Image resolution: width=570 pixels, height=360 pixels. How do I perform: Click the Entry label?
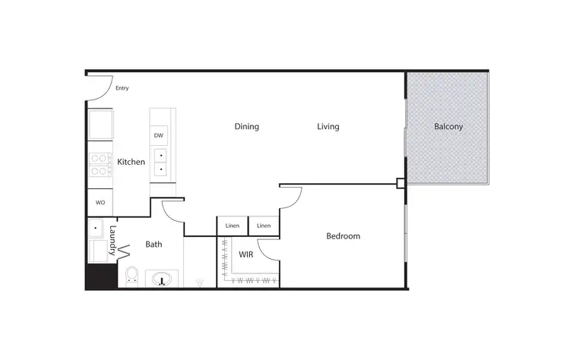point(122,88)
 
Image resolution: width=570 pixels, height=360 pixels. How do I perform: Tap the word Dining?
point(246,127)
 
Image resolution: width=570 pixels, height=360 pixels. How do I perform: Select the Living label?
point(328,127)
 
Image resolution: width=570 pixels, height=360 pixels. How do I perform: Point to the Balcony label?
point(448,127)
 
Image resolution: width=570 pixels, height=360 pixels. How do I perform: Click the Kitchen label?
point(131,162)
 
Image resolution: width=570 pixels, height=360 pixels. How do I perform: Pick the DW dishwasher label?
point(158,136)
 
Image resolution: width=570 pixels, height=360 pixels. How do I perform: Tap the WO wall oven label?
point(100,203)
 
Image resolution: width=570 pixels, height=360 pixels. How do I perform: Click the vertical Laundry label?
point(112,239)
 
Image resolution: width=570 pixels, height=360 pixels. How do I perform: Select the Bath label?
point(154,245)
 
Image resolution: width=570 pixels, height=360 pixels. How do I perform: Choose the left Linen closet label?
point(233,226)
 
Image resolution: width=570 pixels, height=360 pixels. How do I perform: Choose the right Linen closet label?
point(264,226)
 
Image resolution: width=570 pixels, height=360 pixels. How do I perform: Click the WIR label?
point(245,254)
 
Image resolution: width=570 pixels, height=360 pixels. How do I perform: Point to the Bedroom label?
point(343,236)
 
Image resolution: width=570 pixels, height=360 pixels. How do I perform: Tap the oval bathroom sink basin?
point(163,280)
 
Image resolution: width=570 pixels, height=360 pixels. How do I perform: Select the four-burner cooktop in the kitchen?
point(100,165)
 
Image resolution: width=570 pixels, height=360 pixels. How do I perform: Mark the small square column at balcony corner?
point(401,183)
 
